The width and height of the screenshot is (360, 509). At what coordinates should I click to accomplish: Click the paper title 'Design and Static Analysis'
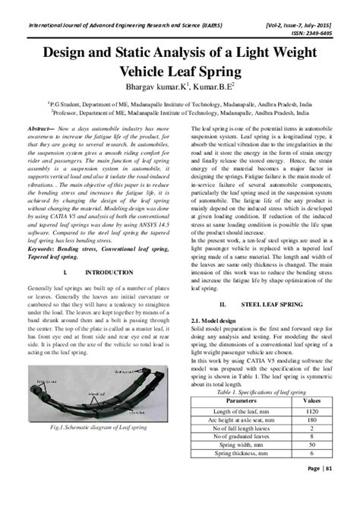click(180, 55)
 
